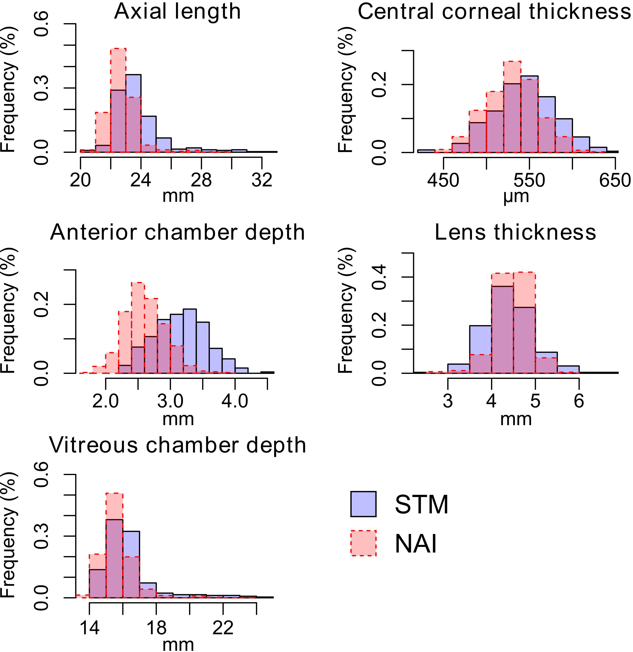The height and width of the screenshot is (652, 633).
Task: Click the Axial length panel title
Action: pyautogui.click(x=177, y=12)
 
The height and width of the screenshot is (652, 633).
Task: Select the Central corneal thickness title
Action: pyautogui.click(x=494, y=12)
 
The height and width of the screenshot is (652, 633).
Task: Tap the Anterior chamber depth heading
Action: pyautogui.click(x=177, y=232)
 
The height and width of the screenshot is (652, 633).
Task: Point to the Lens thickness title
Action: pyautogui.click(x=515, y=232)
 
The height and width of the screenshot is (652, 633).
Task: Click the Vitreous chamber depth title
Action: pyautogui.click(x=177, y=445)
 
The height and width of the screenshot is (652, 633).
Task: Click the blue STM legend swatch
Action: pyautogui.click(x=363, y=504)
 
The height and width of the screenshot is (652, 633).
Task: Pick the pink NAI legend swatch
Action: pyautogui.click(x=363, y=543)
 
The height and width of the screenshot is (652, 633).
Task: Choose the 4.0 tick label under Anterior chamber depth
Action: pyautogui.click(x=235, y=401)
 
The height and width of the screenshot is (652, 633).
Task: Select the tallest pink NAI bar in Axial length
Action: pyautogui.click(x=118, y=100)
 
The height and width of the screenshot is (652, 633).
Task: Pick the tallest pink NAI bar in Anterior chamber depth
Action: pyautogui.click(x=138, y=328)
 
